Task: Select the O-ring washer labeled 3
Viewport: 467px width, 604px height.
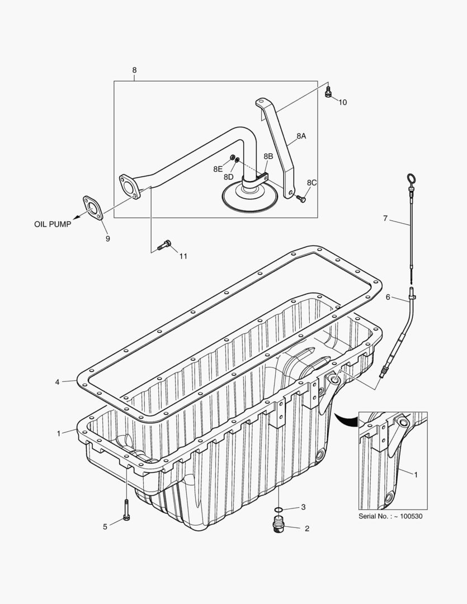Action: tap(279, 509)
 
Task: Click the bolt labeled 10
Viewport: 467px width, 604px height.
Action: tap(328, 93)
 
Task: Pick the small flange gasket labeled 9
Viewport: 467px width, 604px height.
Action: tap(93, 207)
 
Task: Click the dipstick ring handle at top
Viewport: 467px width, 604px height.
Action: tap(411, 180)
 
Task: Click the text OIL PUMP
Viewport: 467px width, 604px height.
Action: tap(53, 224)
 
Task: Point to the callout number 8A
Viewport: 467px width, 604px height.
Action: tap(301, 136)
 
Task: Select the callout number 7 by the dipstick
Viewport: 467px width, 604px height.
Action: tap(385, 218)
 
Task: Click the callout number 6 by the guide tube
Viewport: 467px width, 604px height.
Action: tap(388, 297)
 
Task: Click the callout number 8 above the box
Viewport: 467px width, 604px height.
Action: tap(134, 70)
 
